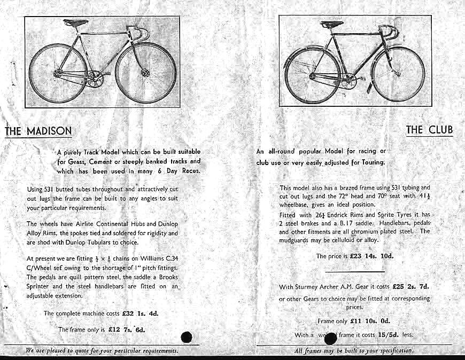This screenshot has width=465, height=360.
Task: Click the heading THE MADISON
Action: click(x=38, y=131)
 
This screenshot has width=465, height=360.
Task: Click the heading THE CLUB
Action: click(x=429, y=129)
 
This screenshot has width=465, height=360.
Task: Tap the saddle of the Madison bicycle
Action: click(x=75, y=23)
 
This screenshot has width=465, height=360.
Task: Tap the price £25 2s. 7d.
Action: click(x=411, y=287)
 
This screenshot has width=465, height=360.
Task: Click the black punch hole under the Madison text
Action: click(x=187, y=337)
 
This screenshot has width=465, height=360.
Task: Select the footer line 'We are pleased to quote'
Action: click(x=102, y=351)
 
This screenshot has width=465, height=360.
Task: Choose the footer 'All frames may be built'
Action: click(x=354, y=351)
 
